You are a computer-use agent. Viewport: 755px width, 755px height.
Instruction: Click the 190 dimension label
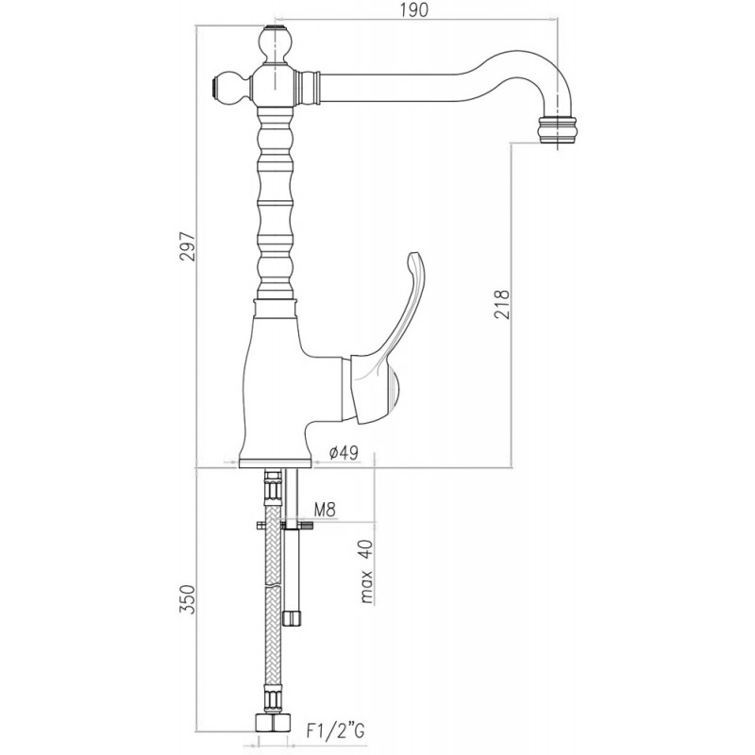(x=414, y=10)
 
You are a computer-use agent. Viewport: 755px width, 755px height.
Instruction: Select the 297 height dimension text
(x=187, y=246)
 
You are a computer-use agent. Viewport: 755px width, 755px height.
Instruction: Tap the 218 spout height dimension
(x=501, y=304)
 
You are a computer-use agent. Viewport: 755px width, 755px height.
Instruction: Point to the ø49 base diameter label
(x=344, y=453)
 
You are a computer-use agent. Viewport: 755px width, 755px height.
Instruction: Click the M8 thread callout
(x=325, y=510)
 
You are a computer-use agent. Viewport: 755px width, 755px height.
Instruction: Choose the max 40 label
(x=367, y=572)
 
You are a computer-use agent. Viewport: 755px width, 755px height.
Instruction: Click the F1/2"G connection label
(x=335, y=730)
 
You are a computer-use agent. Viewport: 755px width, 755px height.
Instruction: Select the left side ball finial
(x=230, y=88)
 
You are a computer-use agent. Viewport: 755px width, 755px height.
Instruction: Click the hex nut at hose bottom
(x=273, y=724)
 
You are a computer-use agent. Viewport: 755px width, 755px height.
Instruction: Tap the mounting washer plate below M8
(x=285, y=524)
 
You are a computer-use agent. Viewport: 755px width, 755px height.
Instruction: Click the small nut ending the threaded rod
(x=292, y=618)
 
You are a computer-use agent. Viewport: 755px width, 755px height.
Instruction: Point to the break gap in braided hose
(x=273, y=587)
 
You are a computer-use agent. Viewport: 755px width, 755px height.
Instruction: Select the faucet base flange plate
(x=276, y=461)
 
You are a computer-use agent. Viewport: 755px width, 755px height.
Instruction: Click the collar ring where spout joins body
(x=309, y=87)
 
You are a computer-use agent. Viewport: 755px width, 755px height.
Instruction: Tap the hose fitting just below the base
(x=272, y=485)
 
